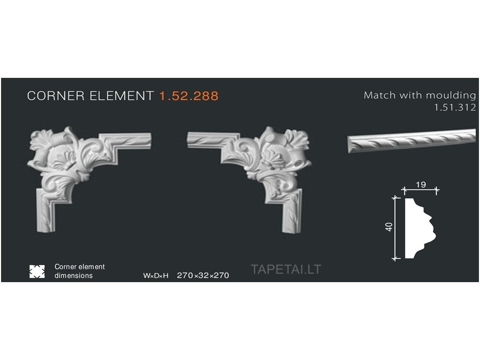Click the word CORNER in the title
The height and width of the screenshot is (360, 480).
tap(55, 96)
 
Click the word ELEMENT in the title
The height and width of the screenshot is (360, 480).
tap(122, 96)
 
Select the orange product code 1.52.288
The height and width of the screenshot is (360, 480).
tap(189, 96)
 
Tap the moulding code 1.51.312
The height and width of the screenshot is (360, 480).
tap(455, 107)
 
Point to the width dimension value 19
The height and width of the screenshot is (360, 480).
tap(421, 185)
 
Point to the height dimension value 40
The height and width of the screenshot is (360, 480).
tap(389, 227)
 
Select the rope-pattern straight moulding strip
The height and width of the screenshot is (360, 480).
tap(412, 141)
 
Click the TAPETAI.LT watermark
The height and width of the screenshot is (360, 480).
tap(286, 269)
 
